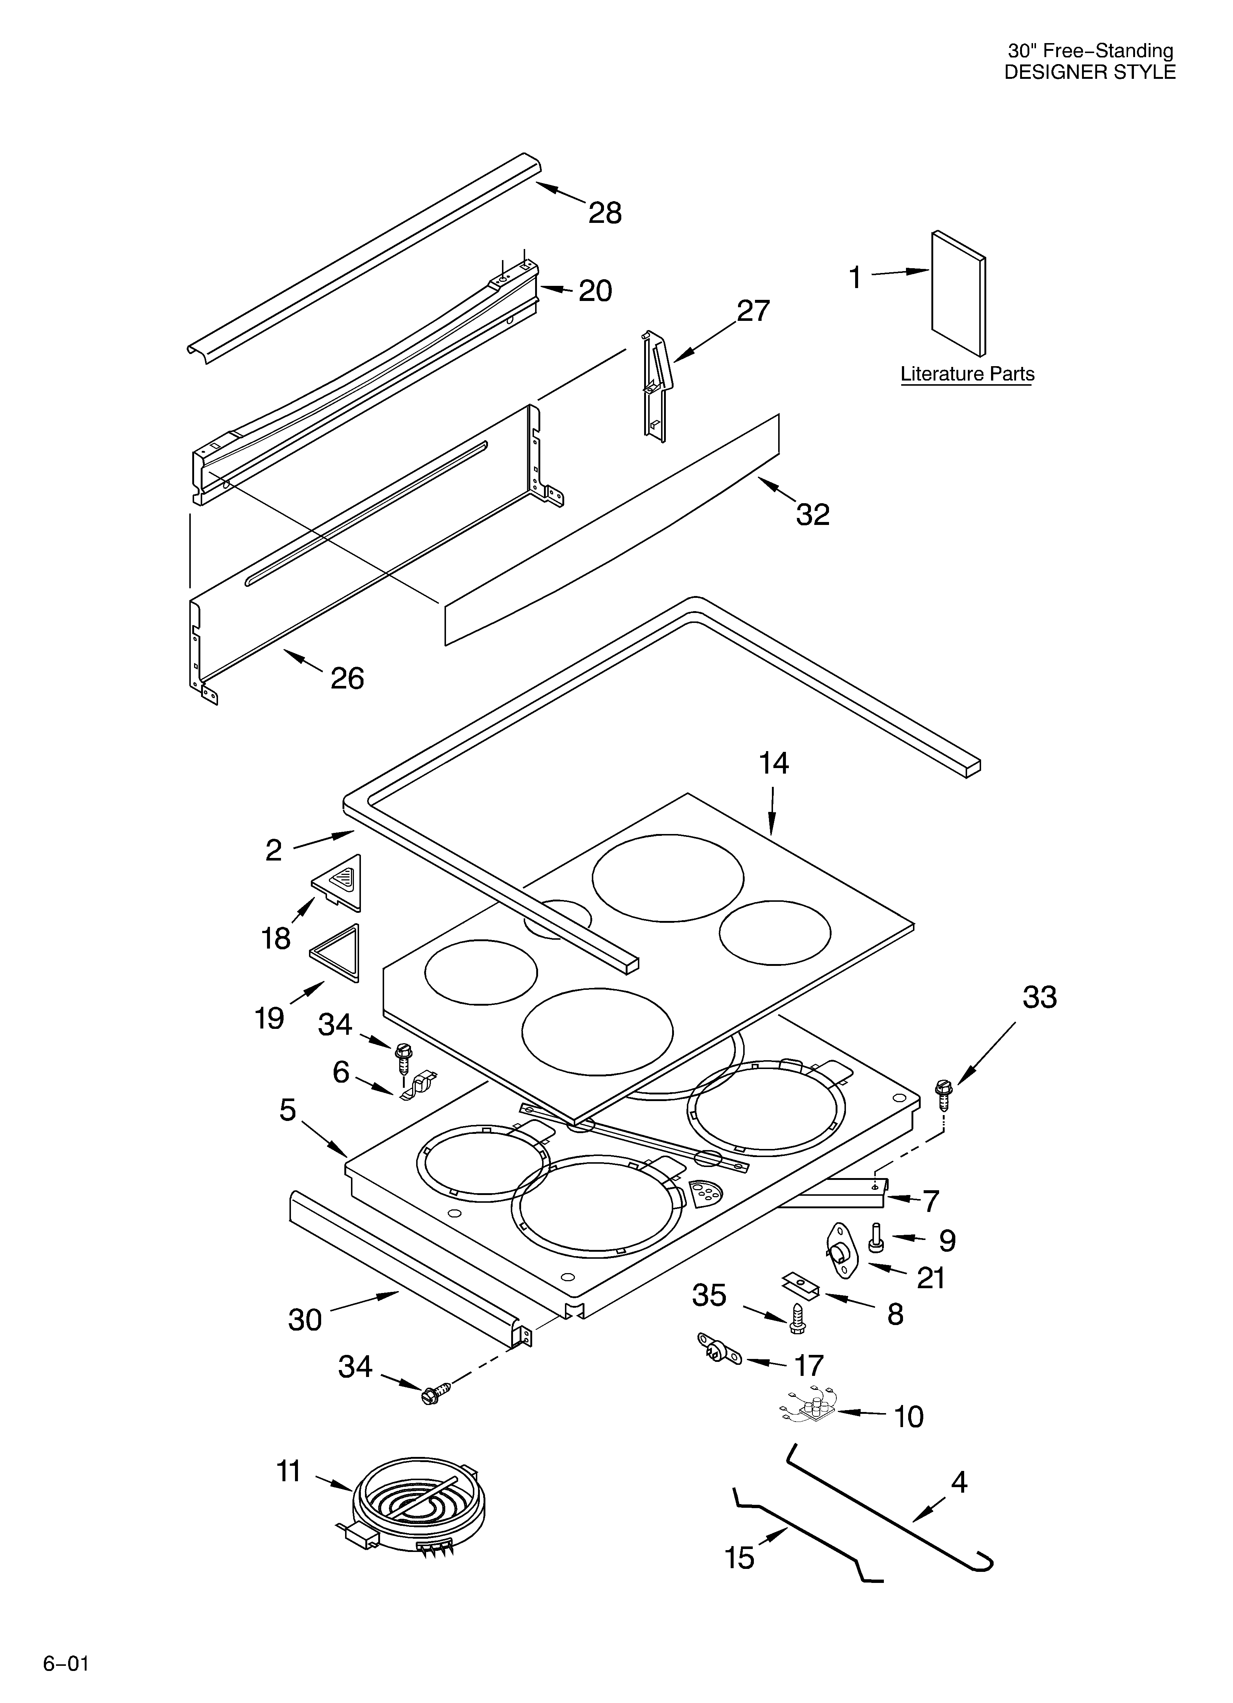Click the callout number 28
pos(604,213)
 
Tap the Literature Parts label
pos(967,374)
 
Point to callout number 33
pos(1039,997)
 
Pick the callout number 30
pos(305,1320)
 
